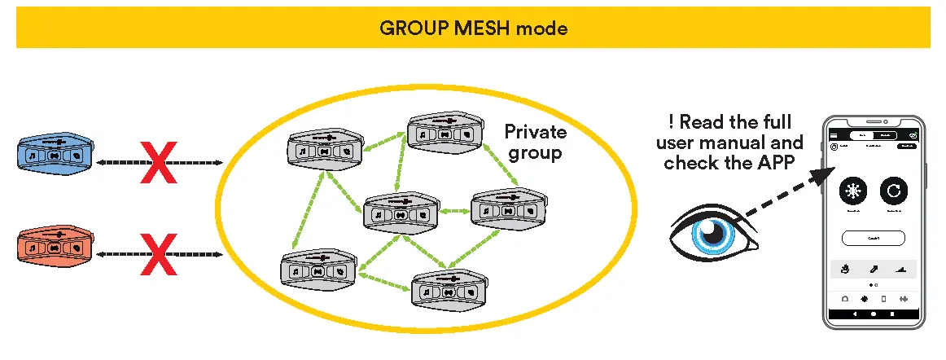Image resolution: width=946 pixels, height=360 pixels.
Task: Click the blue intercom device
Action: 54,153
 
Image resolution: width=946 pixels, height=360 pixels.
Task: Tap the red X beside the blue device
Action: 160,163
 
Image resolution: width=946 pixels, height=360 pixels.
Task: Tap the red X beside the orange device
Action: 160,255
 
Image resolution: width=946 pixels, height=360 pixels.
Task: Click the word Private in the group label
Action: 535,131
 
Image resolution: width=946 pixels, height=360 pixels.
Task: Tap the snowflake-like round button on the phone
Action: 853,192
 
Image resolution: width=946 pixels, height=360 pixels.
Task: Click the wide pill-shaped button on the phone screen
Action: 874,238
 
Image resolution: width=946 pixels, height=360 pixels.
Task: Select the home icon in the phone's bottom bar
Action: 844,298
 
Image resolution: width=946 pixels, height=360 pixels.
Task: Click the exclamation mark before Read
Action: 672,123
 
